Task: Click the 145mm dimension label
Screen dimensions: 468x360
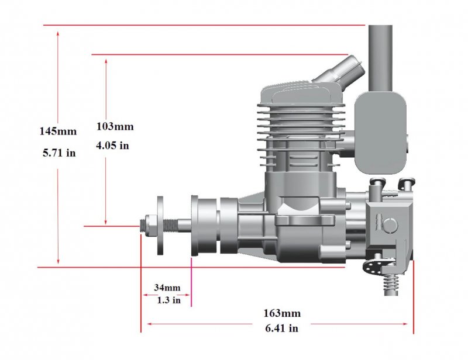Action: tap(58, 131)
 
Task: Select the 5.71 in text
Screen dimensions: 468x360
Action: tap(59, 153)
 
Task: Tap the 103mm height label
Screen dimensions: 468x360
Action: tap(115, 126)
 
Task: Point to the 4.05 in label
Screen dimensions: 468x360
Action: tap(112, 146)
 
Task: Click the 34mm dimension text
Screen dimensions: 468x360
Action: tap(167, 288)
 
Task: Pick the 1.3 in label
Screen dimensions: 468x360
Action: tap(169, 300)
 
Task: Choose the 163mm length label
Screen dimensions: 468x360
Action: tap(282, 313)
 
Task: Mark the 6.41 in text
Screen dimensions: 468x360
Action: tap(282, 328)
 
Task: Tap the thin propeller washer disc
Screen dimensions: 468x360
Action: tap(160, 226)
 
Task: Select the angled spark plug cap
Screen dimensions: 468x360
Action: tap(339, 72)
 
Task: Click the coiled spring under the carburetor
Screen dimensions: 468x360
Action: tap(391, 284)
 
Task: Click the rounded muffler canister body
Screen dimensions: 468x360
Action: tap(380, 133)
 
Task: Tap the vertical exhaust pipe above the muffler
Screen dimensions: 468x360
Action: tap(380, 58)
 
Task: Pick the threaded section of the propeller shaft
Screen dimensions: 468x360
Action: tap(171, 225)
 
